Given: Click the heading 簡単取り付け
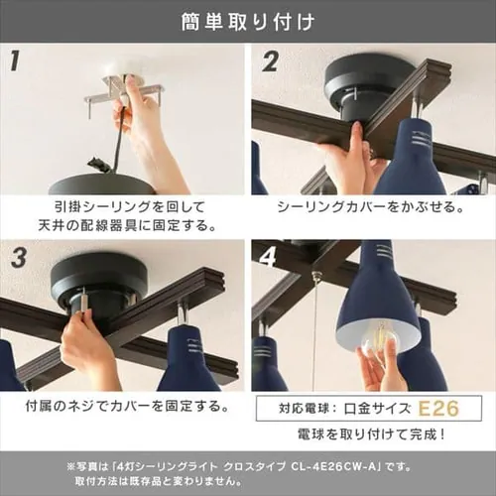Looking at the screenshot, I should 248,20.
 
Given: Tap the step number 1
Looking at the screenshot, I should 15,62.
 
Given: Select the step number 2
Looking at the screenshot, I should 270,62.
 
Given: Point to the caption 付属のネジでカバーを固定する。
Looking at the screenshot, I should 123,407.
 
